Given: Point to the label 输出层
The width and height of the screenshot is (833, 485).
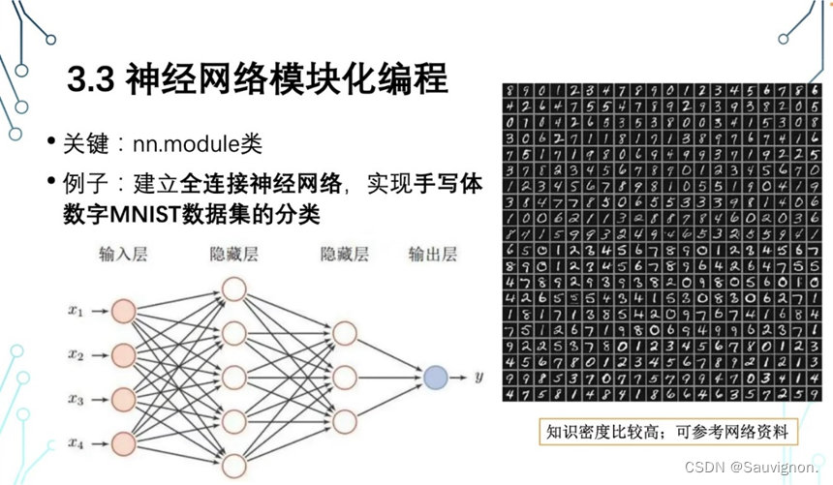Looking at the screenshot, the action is tap(432, 256).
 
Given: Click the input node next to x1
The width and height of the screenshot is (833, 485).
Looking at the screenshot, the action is tap(123, 311).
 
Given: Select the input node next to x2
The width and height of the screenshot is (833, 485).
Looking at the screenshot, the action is tap(123, 354).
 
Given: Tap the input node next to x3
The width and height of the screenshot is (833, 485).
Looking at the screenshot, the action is tap(123, 399).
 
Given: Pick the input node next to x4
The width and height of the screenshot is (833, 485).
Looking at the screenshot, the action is tap(123, 443).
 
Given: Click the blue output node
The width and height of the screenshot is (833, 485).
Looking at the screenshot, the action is tap(435, 377).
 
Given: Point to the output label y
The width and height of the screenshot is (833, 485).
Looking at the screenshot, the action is tap(478, 377).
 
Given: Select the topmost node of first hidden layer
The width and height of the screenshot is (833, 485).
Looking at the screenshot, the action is tap(233, 288).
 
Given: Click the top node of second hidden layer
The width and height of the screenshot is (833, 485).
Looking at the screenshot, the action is tap(344, 333).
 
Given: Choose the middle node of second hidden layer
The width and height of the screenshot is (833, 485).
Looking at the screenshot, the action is tap(344, 377).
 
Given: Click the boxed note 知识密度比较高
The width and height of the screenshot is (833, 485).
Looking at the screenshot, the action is tap(666, 431).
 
